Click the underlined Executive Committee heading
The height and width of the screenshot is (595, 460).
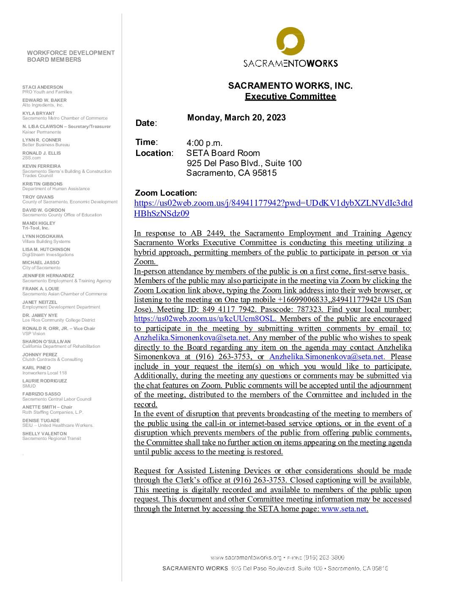tap(290, 96)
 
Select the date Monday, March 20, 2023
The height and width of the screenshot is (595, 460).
tap(236, 117)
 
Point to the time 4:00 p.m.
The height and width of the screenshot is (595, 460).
tap(204, 143)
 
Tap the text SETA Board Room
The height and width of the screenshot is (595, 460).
tap(223, 153)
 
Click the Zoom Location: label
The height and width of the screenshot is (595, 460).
tap(166, 193)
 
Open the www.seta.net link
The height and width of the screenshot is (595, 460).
tap(344, 509)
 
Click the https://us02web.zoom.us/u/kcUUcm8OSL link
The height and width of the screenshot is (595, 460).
tap(205, 319)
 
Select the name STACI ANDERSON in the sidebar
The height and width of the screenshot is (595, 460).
tap(43, 87)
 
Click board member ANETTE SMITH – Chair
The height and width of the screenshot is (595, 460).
tap(47, 407)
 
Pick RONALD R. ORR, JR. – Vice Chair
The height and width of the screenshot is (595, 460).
tap(59, 328)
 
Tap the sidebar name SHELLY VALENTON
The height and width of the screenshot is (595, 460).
tap(44, 434)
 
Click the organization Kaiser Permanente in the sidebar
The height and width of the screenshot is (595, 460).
tap(42, 132)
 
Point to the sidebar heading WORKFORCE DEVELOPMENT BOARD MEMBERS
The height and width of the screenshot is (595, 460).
tap(71, 56)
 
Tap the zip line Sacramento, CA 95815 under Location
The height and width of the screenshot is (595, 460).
tap(231, 173)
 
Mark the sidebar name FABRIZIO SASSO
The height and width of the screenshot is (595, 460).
tap(41, 394)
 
